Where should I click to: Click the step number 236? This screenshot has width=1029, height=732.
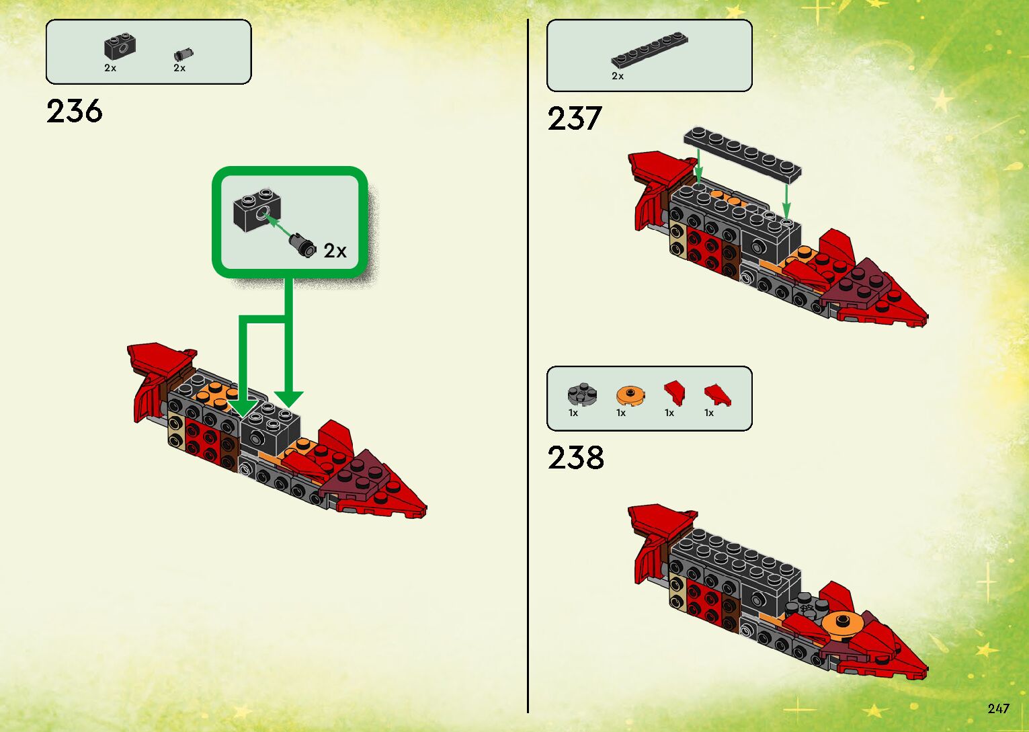75,111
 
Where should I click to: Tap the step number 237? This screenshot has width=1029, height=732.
574,119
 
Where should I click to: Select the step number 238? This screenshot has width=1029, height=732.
576,458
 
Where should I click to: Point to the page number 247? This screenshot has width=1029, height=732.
998,708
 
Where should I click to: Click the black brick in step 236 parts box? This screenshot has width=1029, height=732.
120,46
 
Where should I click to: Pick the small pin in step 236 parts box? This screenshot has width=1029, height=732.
182,54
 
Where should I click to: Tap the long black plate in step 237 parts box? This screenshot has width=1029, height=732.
649,50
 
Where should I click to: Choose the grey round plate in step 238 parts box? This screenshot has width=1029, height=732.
582,394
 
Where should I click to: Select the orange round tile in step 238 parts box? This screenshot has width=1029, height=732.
630,395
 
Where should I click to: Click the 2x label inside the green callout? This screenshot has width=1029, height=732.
335,251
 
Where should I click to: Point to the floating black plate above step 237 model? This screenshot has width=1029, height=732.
743,155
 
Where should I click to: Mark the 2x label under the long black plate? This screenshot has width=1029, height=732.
618,77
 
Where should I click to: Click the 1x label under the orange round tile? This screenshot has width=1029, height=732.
621,413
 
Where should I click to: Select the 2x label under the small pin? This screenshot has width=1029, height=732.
179,68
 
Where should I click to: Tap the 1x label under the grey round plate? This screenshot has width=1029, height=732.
573,413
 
